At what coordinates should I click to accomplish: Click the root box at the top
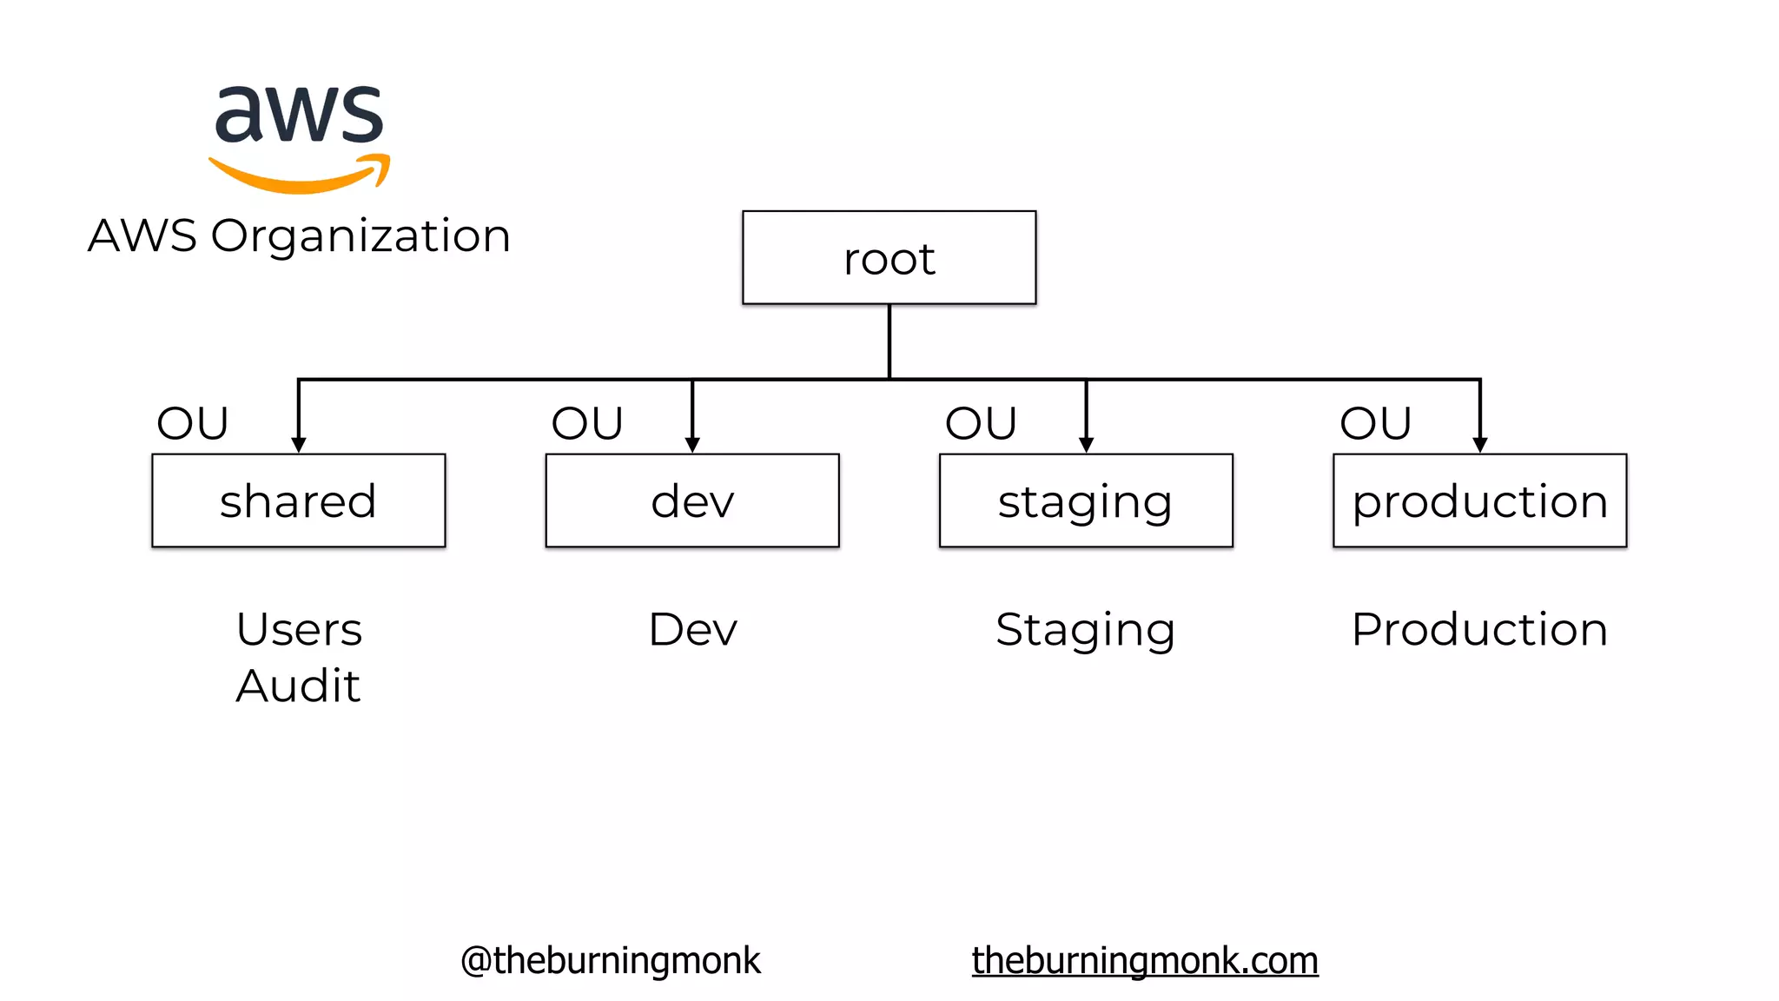tap(889, 258)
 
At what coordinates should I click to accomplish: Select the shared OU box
tap(298, 500)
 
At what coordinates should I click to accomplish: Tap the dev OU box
tap(692, 500)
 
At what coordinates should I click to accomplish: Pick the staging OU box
tap(1086, 500)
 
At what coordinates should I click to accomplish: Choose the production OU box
tap(1479, 500)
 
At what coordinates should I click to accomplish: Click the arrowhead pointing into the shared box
tap(298, 445)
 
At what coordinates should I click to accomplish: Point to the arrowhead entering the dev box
tap(692, 445)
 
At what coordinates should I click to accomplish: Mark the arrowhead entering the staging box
tap(1086, 445)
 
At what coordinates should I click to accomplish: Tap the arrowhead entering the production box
tap(1480, 445)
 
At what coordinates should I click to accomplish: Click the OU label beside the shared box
tap(193, 423)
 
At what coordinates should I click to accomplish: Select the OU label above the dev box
tap(587, 423)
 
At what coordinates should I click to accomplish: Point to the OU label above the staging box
tap(981, 423)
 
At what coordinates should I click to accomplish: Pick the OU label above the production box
tap(1375, 423)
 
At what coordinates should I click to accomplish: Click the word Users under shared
tap(299, 629)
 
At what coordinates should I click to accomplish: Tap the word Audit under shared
tap(298, 686)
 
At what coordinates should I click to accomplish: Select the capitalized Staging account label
tap(1085, 629)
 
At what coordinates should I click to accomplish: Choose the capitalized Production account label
tap(1479, 629)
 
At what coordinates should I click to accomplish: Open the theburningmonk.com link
tap(1145, 960)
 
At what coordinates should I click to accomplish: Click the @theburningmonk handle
tap(611, 960)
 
